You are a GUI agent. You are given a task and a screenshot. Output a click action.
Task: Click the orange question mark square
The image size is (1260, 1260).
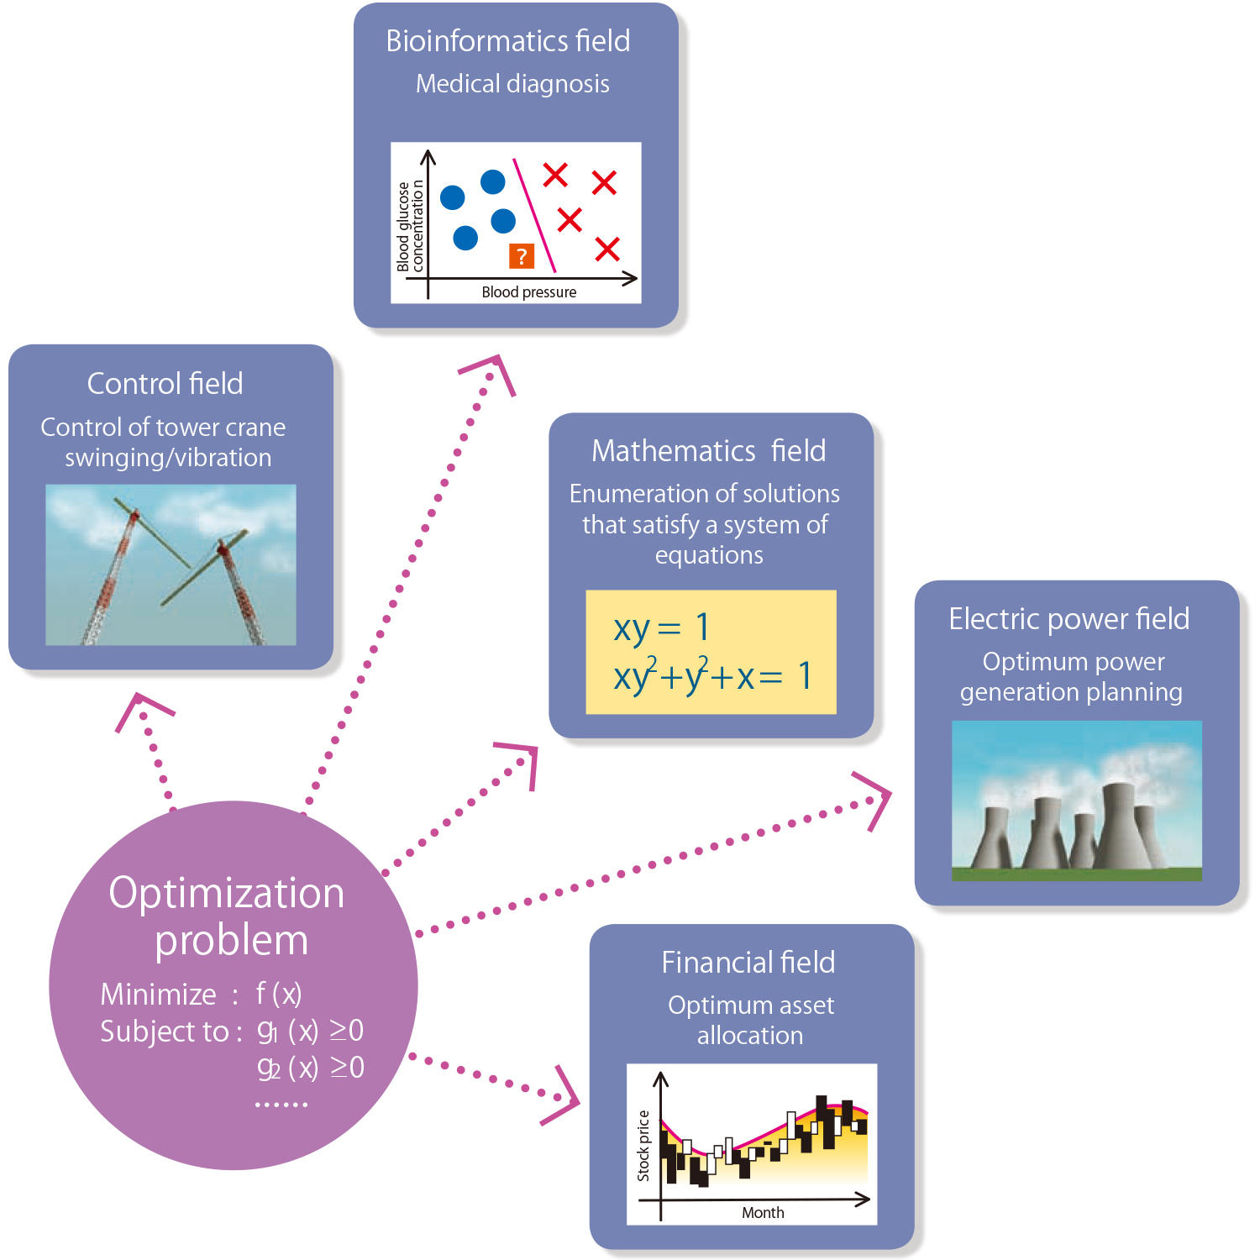pos(522,255)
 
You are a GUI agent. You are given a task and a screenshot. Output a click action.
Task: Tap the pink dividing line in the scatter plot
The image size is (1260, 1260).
pos(535,216)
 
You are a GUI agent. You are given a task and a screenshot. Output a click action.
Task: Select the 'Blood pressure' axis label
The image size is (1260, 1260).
pos(529,292)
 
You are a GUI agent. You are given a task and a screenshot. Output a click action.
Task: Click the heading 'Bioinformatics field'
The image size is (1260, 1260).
pos(508,41)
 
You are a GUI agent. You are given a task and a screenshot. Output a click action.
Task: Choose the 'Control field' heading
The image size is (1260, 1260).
pos(165,384)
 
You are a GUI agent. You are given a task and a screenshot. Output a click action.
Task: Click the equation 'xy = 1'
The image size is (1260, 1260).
pos(661,627)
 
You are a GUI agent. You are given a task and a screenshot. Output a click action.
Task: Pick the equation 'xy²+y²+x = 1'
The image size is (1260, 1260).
pos(711,676)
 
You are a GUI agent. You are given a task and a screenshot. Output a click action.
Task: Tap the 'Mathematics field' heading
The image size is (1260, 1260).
pos(708,451)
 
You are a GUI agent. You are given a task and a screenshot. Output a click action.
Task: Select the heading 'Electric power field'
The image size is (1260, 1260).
pos(1068,619)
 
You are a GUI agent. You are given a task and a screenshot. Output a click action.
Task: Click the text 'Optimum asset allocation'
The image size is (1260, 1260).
pos(751,1020)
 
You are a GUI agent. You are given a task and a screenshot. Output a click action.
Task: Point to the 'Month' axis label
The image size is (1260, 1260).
pos(763,1212)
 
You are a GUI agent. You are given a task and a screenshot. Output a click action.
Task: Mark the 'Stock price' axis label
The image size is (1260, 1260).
pos(643,1146)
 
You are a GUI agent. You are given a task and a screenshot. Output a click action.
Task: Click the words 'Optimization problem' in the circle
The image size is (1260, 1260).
pos(228,916)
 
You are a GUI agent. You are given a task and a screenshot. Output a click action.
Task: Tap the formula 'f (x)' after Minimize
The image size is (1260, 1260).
pos(278,994)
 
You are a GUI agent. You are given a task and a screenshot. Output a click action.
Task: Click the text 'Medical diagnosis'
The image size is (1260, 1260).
pos(512,84)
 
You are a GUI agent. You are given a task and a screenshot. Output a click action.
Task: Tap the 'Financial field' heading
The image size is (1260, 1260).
pos(748,963)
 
